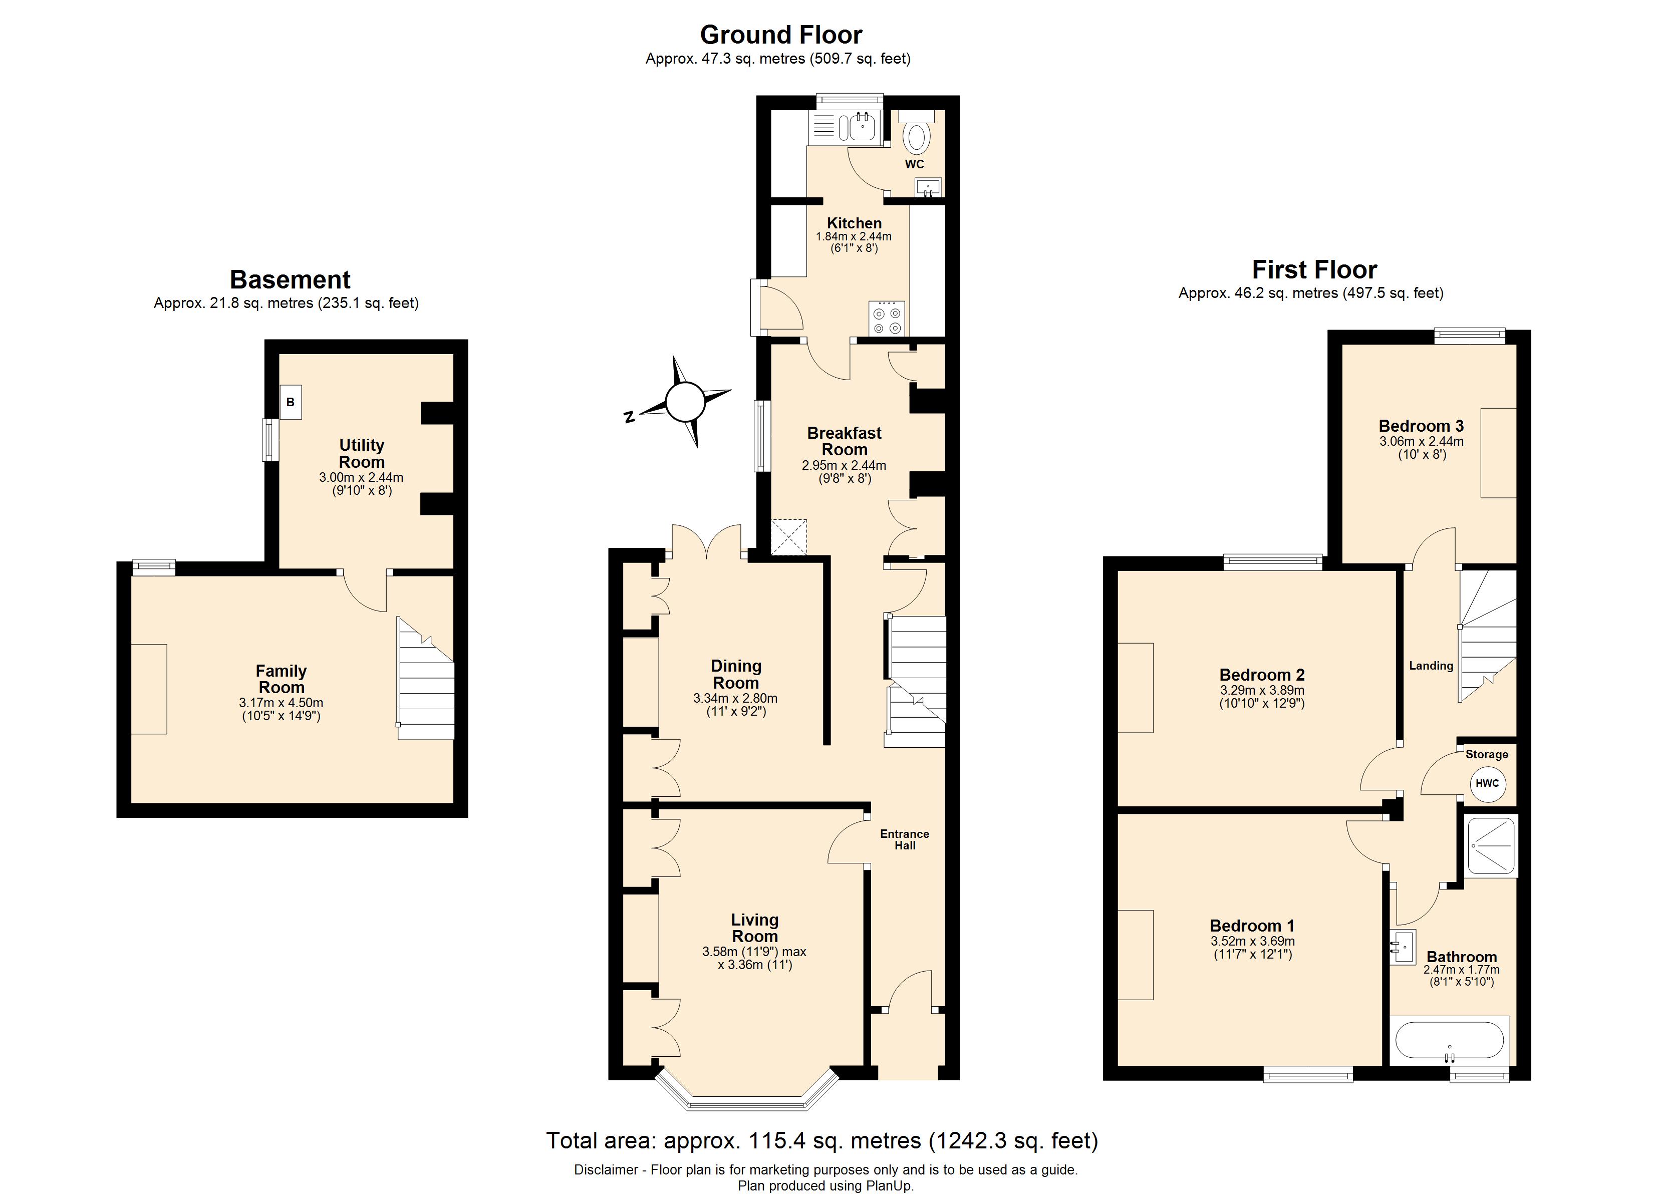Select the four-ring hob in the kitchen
point(887,319)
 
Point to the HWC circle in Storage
point(1487,784)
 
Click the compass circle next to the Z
point(685,402)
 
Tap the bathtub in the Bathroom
point(1449,1040)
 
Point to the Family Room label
point(282,679)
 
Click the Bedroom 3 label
point(1421,426)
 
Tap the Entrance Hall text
point(905,839)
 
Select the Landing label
point(1431,666)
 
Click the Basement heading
point(290,280)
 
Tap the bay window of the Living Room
point(747,1098)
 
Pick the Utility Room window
point(270,440)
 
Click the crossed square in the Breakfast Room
point(789,537)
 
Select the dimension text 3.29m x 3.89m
point(1262,690)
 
